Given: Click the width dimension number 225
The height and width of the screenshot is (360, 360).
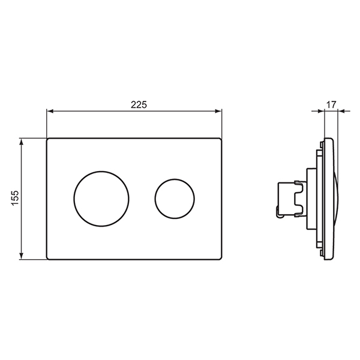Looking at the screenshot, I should pyautogui.click(x=139, y=104).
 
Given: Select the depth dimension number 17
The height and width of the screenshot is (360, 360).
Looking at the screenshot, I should pyautogui.click(x=330, y=104).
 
